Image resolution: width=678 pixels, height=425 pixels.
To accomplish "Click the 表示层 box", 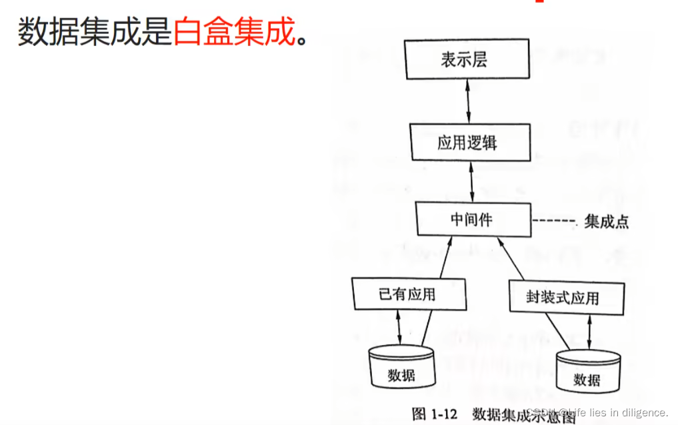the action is point(463,60).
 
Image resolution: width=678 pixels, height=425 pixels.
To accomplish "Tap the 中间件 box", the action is point(473,219).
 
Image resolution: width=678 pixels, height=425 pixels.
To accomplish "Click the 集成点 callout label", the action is point(606,222).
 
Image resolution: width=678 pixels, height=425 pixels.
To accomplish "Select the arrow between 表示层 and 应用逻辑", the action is point(469,101).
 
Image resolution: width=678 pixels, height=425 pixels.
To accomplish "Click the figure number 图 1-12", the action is point(434,414).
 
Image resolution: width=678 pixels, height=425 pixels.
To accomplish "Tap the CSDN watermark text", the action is point(597,413).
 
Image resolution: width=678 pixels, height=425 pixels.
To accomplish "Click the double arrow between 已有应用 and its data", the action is point(399,328).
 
